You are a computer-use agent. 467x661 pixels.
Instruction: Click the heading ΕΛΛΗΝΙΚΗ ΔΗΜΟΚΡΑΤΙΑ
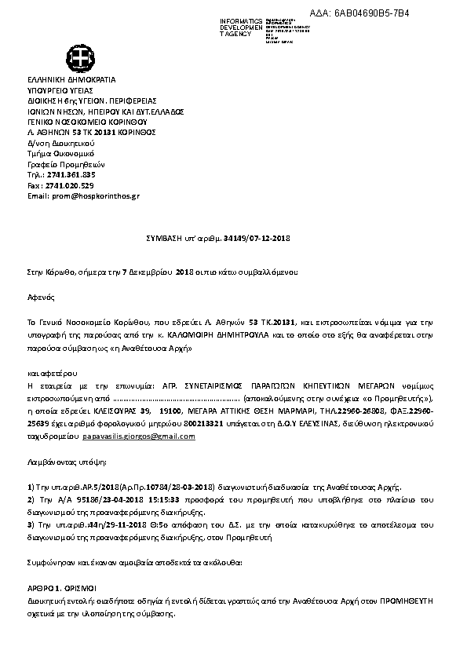click(x=71, y=80)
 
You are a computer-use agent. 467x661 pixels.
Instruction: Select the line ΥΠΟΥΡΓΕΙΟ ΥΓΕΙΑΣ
click(x=62, y=90)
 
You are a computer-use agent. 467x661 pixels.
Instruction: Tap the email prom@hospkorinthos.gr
click(x=94, y=195)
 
